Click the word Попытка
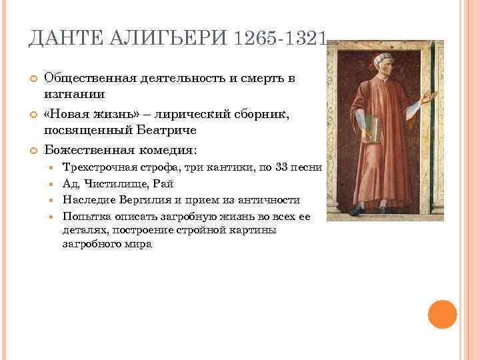click(84, 216)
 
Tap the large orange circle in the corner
click(442, 314)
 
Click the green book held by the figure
click(371, 130)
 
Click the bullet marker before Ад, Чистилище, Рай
click(53, 184)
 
